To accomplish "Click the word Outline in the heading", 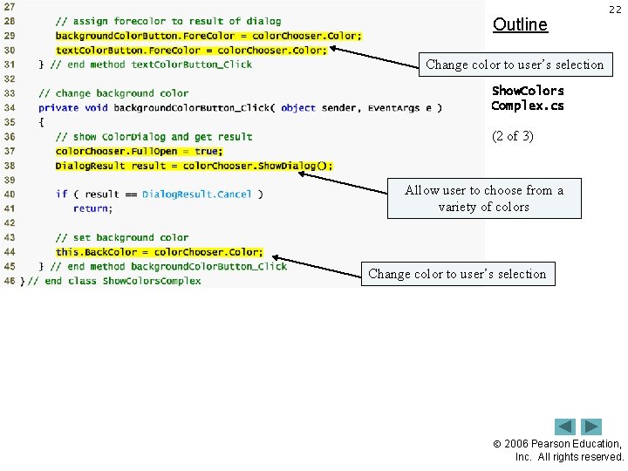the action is pos(520,24).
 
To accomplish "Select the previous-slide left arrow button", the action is pos(566,427).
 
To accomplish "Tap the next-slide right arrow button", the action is pos(592,427).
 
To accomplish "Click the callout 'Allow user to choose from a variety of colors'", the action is pos(484,199).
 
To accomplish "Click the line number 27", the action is pos(9,6).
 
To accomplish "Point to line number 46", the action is pos(9,281).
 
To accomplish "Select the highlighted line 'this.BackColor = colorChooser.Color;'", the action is pos(159,252).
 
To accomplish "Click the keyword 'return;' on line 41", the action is pos(92,208).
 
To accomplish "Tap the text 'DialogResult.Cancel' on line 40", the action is pos(197,195).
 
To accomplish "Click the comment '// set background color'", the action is pos(122,237).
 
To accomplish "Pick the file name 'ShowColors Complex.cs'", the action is pos(528,99).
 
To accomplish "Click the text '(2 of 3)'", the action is pos(513,136).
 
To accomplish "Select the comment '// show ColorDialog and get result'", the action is pos(154,137).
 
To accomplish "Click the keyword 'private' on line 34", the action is pos(58,108).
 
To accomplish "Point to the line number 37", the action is pos(9,151).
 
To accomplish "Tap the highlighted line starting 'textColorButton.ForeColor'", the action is pos(191,50).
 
